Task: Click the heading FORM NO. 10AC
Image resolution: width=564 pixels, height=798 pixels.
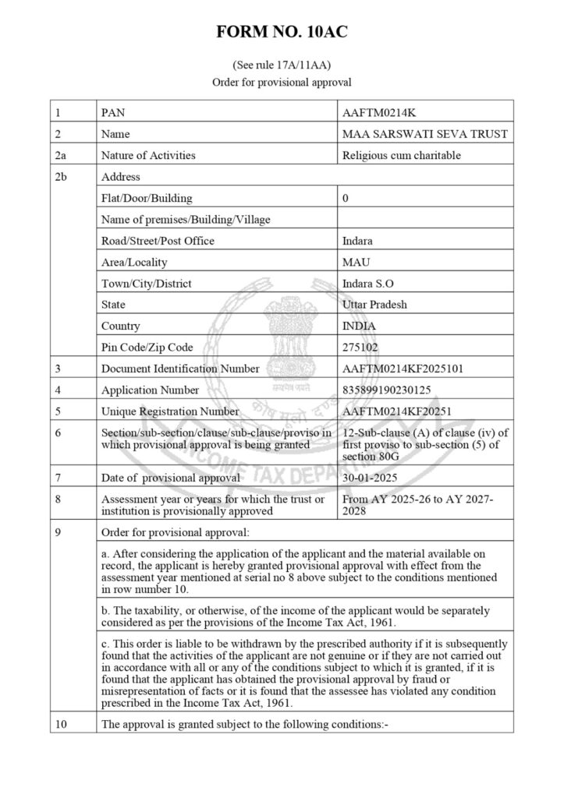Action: [282, 33]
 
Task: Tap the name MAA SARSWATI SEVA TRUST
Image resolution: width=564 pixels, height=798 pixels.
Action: [425, 134]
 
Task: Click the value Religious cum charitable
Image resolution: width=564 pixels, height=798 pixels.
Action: [402, 155]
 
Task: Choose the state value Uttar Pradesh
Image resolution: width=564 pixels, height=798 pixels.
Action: [374, 304]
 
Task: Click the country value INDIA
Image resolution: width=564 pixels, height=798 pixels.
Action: [359, 326]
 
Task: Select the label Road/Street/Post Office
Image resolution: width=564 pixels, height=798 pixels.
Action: [158, 241]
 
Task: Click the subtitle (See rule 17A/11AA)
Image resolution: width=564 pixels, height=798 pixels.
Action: [282, 65]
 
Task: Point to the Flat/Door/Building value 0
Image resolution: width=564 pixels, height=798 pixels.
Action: [346, 198]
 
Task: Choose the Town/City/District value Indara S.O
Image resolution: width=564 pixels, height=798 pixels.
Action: [368, 283]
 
